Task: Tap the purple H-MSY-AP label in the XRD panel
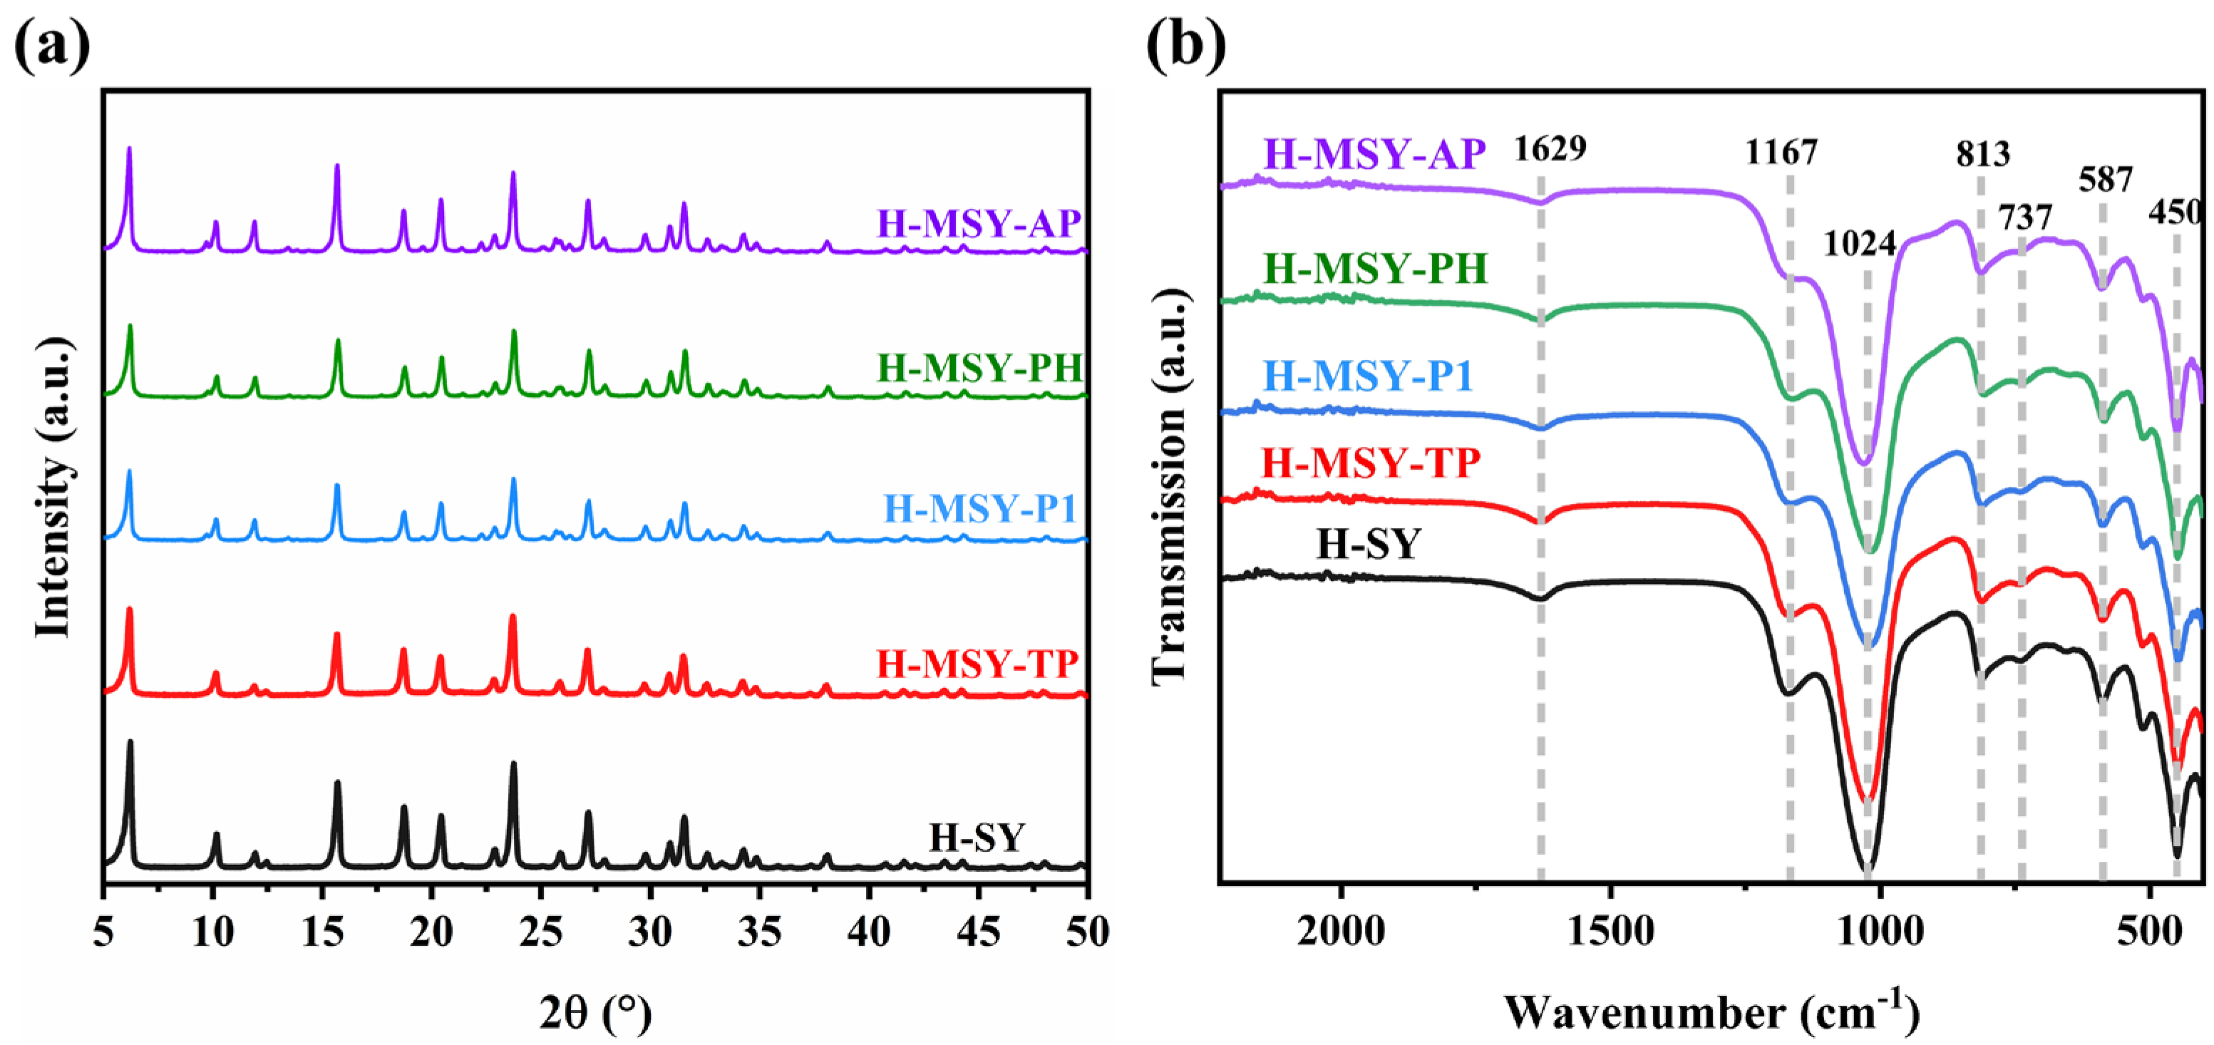point(978,225)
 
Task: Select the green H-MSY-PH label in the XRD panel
point(978,369)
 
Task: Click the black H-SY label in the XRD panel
point(977,837)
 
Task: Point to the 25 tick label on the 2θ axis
point(540,932)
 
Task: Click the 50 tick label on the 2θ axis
point(1086,932)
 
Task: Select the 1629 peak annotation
point(1550,149)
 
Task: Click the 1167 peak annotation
point(1782,153)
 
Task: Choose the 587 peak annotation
point(2106,180)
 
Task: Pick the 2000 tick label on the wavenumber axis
point(1340,932)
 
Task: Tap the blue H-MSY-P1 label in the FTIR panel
point(1369,376)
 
